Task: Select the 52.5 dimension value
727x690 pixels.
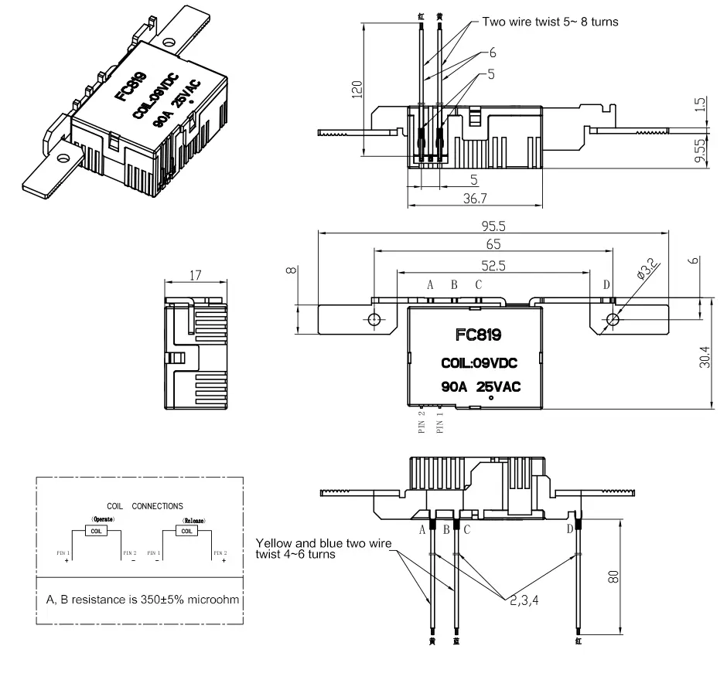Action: tap(493, 265)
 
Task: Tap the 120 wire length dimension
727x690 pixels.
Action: tap(357, 90)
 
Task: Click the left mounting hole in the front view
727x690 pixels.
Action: tap(374, 319)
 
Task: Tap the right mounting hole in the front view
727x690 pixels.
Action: tap(613, 319)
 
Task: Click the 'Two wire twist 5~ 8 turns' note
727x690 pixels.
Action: tap(550, 22)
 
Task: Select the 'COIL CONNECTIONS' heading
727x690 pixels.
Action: tap(145, 506)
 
